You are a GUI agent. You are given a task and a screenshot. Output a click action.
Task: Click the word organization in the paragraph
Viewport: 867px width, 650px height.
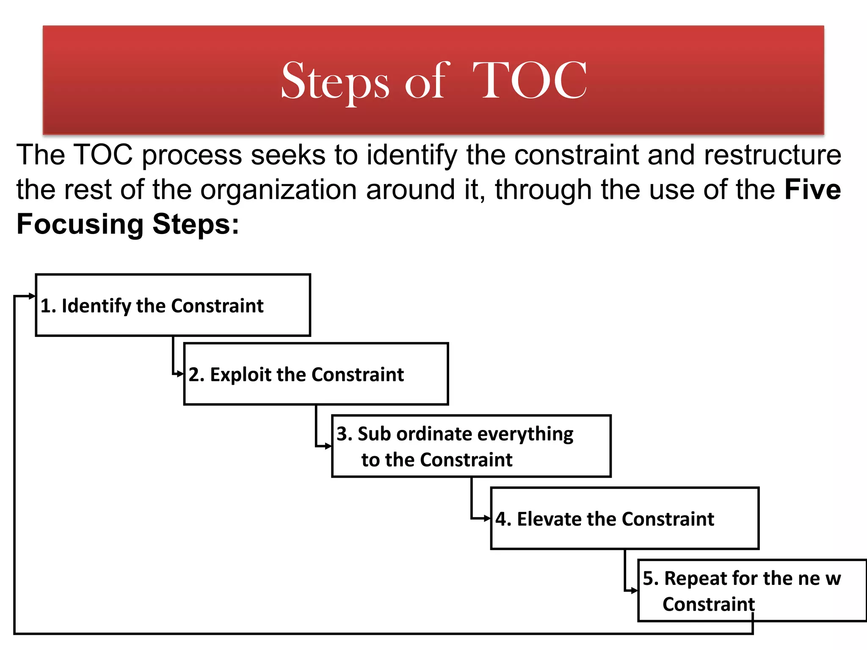tap(279, 190)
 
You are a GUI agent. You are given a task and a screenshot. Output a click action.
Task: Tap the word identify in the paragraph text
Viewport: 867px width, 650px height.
tap(411, 155)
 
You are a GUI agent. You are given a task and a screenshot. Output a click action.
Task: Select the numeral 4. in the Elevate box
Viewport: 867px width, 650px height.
tap(503, 519)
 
